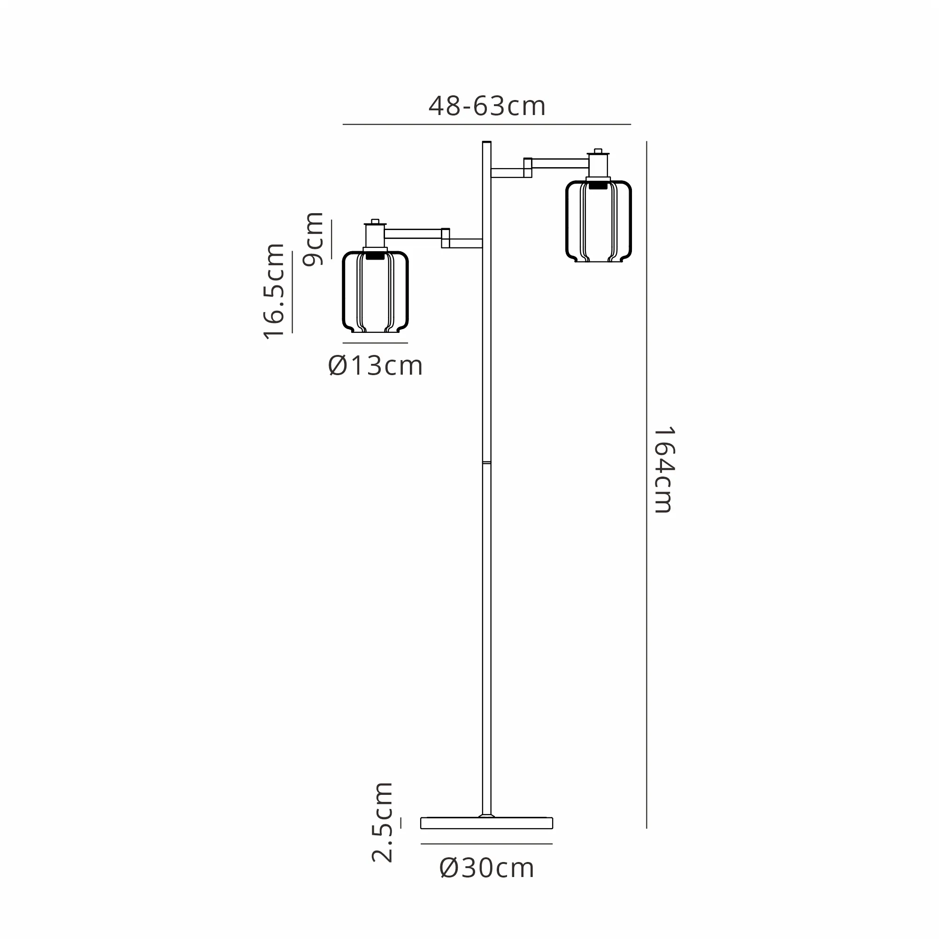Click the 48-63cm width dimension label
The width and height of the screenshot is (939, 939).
coord(487,106)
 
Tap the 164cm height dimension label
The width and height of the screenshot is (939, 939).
coord(663,470)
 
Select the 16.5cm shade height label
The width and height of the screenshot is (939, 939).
coord(274,291)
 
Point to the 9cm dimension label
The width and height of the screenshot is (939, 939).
coord(313,239)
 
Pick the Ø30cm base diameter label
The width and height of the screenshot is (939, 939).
coord(486,868)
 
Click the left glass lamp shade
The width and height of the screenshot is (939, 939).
coord(375,292)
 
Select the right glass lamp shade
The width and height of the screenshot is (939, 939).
coord(598,221)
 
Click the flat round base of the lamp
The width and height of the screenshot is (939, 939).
coord(486,823)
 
